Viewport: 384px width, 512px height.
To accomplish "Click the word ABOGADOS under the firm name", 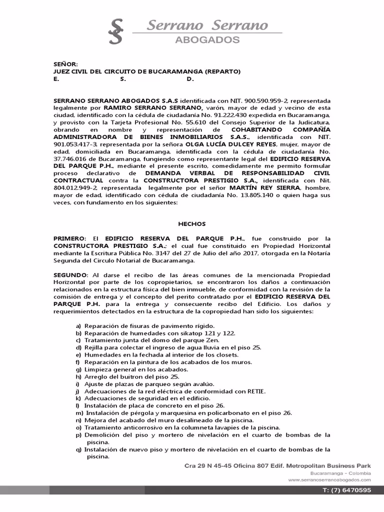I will pos(206,40).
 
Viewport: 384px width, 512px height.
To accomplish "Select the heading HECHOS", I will pos(192,224).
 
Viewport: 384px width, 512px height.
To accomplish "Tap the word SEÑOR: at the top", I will pos(66,64).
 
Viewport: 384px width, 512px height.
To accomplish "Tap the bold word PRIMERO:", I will pos(70,239).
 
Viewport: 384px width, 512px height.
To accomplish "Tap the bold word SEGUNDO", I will pos(70,275).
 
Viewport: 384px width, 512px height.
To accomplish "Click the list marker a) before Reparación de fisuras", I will pos(78,326).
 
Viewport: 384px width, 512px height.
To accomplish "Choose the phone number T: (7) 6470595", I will pos(347,491).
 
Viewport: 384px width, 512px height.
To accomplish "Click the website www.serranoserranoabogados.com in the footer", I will pos(329,479).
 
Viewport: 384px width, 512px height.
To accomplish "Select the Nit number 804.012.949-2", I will pos(74,188).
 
